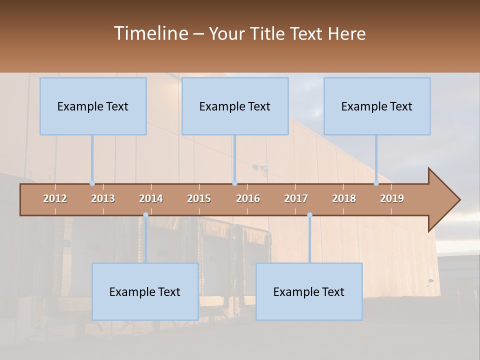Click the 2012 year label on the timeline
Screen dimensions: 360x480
[55, 198]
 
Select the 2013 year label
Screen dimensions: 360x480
[103, 198]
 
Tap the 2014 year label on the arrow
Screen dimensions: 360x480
[151, 198]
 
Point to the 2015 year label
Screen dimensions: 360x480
[199, 198]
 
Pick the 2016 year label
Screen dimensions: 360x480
[248, 198]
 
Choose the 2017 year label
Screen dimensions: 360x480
[296, 198]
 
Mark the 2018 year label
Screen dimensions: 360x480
[344, 198]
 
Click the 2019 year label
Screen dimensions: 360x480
[392, 198]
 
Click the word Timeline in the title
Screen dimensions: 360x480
[150, 33]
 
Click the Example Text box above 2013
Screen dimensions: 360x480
[93, 106]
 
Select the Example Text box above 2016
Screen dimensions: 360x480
[235, 106]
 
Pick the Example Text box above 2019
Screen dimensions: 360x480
[377, 106]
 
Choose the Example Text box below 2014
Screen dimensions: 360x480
[145, 291]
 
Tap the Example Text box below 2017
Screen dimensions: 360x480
[309, 291]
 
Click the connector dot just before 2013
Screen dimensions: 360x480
[92, 183]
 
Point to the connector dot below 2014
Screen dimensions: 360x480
[145, 215]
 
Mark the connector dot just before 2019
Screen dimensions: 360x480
[376, 183]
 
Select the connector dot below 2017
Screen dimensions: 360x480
[309, 215]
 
